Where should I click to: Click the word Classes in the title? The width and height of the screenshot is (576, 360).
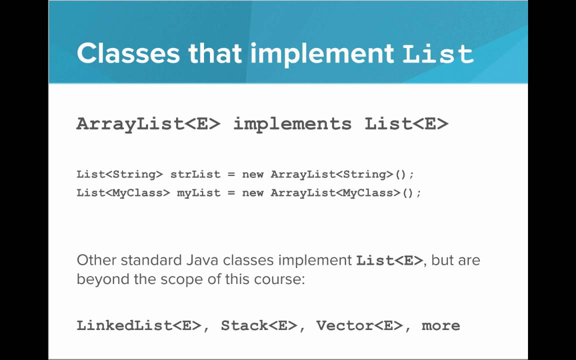[128, 53]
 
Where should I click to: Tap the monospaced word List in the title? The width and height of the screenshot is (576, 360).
[438, 53]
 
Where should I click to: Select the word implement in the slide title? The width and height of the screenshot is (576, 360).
[321, 53]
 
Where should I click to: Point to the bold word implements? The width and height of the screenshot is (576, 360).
[292, 123]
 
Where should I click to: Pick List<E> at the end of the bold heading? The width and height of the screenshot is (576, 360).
[406, 123]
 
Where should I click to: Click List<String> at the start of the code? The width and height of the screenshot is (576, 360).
[119, 174]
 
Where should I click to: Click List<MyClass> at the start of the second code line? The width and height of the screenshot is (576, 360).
[123, 192]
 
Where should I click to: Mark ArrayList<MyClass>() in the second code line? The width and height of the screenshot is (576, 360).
[345, 192]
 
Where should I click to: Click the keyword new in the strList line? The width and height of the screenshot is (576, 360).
[252, 174]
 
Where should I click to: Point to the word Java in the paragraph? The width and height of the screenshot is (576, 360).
[203, 260]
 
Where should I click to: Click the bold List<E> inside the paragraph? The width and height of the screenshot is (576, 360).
[389, 260]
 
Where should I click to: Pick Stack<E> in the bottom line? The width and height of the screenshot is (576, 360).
[259, 325]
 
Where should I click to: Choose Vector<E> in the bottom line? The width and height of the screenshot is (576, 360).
[359, 325]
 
